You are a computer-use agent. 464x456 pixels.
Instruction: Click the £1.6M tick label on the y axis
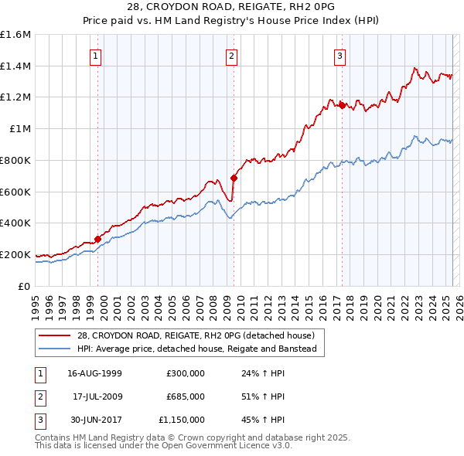(15, 35)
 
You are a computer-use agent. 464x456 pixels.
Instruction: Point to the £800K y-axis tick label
(15, 160)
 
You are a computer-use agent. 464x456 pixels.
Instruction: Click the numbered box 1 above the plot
(94, 55)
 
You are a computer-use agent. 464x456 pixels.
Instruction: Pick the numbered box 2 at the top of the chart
(231, 55)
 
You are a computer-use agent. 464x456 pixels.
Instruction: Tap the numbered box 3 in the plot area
(339, 55)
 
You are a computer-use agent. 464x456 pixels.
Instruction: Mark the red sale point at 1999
(98, 239)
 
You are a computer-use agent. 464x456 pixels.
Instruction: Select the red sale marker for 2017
(342, 105)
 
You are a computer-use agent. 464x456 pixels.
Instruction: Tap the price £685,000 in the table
(186, 396)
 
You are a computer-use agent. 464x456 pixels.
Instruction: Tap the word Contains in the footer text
(53, 437)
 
